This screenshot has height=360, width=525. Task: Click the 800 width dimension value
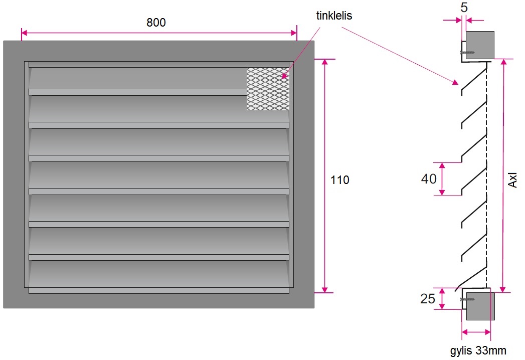(x=156, y=23)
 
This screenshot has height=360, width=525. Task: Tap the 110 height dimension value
(x=340, y=180)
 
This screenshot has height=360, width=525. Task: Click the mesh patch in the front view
(x=267, y=89)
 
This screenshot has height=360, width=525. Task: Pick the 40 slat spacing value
(x=429, y=178)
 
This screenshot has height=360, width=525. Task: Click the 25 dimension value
(x=427, y=299)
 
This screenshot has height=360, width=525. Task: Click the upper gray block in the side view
(x=480, y=45)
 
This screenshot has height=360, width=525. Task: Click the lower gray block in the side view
(x=480, y=306)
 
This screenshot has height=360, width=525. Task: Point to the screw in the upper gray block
(x=467, y=52)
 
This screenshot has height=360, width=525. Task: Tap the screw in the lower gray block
(x=467, y=299)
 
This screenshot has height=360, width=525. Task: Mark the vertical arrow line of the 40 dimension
(x=442, y=179)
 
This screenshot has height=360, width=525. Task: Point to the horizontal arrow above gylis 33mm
(x=476, y=331)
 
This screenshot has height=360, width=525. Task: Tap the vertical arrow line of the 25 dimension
(x=442, y=299)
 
